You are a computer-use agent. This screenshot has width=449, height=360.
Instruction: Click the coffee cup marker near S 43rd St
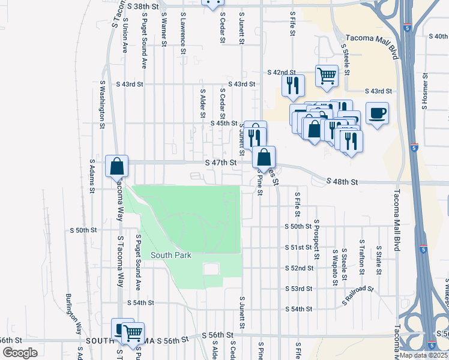(377, 113)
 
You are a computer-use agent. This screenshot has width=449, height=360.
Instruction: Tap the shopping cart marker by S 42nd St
(327, 76)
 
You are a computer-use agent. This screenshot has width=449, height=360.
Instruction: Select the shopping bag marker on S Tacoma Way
(117, 166)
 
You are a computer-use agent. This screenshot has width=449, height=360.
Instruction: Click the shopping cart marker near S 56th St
(133, 332)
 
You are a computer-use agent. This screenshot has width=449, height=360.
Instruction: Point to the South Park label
(171, 255)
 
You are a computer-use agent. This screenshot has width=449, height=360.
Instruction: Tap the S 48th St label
(342, 181)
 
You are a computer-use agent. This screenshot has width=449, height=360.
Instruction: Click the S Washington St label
(102, 105)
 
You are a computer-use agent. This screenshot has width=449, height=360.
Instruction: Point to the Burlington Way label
(73, 314)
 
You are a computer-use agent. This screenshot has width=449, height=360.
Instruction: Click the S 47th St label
(220, 163)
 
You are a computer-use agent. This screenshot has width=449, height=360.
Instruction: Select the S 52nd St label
(300, 268)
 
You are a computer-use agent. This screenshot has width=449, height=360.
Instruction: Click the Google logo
(20, 353)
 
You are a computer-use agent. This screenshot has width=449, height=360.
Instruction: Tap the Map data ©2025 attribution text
(424, 355)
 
